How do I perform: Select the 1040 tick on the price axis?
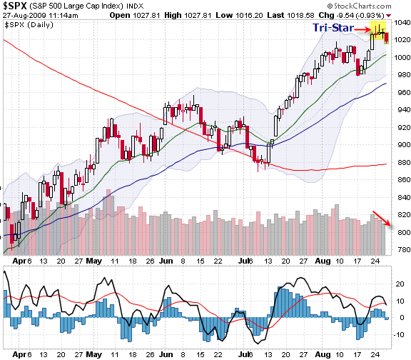(x=400, y=23)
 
